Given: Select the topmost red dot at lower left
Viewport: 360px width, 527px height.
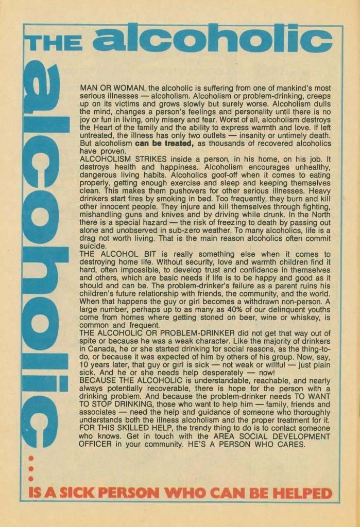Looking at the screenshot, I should pos(30,458).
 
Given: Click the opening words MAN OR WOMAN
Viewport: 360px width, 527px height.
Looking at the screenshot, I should pos(110,88).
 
